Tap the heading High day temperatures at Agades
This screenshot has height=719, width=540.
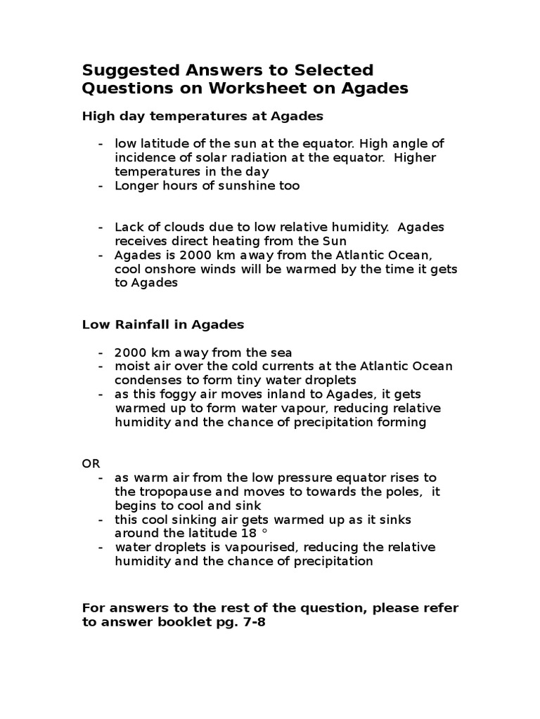202,115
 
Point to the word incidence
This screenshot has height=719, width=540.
144,157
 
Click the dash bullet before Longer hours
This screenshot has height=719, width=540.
101,185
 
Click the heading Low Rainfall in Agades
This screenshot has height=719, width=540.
163,324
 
